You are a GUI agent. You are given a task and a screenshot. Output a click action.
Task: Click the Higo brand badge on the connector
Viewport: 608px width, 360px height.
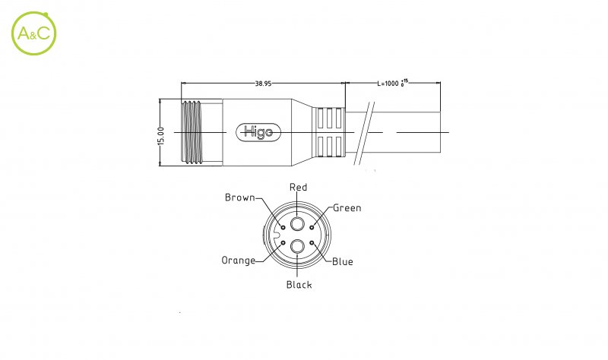(x=260, y=132)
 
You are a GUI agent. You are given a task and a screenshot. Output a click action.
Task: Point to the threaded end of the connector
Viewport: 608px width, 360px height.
(x=201, y=132)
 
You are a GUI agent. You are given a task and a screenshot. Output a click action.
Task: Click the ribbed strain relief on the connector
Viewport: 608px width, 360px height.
(x=329, y=132)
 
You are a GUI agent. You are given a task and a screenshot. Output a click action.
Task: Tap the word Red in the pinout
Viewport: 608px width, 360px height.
(x=299, y=188)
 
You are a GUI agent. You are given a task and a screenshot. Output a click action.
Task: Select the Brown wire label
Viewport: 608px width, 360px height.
(x=239, y=197)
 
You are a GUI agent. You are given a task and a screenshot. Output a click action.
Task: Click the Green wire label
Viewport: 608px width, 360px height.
(x=347, y=207)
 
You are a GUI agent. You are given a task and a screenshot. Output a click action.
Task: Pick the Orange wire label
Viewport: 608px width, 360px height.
(x=239, y=260)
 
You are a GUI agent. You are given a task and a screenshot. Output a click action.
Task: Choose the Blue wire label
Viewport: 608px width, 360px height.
(x=342, y=262)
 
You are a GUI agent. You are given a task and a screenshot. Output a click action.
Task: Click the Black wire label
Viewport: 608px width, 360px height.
(x=299, y=285)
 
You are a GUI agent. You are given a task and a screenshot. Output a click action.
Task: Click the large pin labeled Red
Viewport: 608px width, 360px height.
(x=298, y=226)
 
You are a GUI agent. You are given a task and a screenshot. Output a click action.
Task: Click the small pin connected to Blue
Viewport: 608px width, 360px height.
(x=312, y=244)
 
